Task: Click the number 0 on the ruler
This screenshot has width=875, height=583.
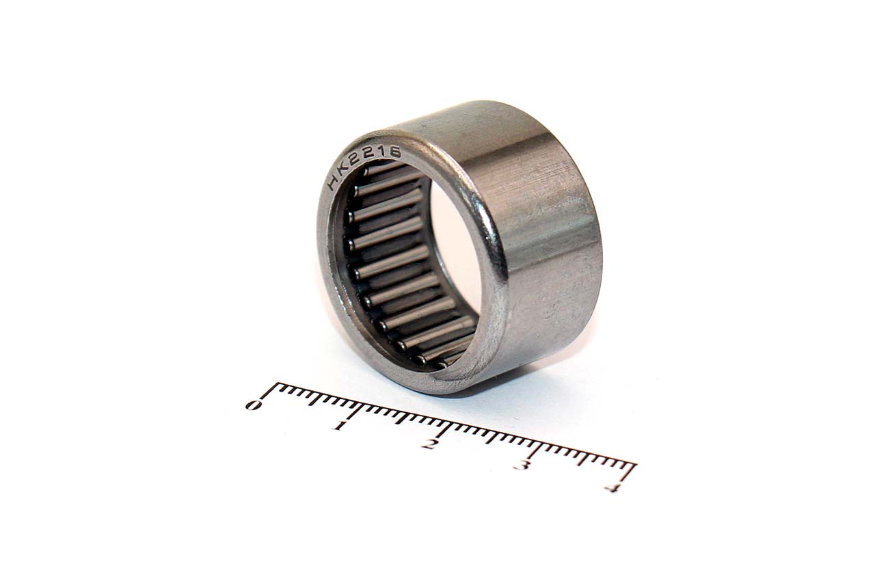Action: (254, 405)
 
